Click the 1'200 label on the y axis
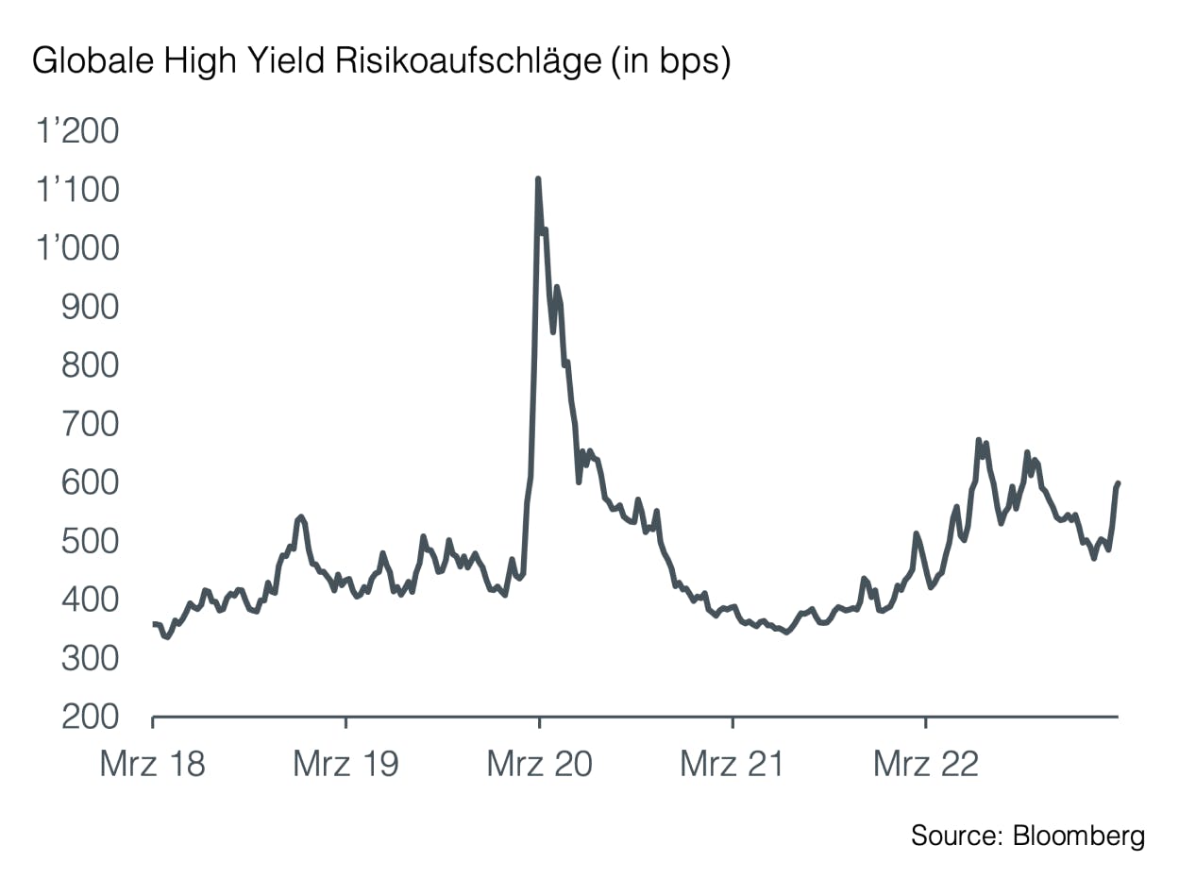(78, 132)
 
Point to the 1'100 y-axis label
(78, 191)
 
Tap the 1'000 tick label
(78, 249)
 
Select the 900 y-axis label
(91, 308)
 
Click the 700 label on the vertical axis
(91, 425)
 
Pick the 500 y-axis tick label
(91, 542)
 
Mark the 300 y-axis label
(91, 659)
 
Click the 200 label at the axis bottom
(91, 718)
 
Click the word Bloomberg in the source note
(1078, 836)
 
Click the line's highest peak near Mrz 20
(538, 178)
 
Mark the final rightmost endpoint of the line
(1119, 483)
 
